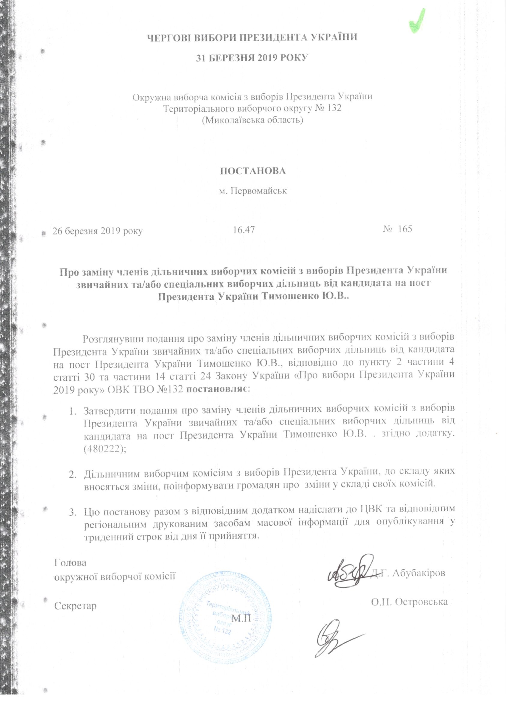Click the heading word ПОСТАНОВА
253,171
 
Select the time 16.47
244,230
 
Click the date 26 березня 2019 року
97,231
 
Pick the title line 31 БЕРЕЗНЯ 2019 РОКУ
252,58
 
